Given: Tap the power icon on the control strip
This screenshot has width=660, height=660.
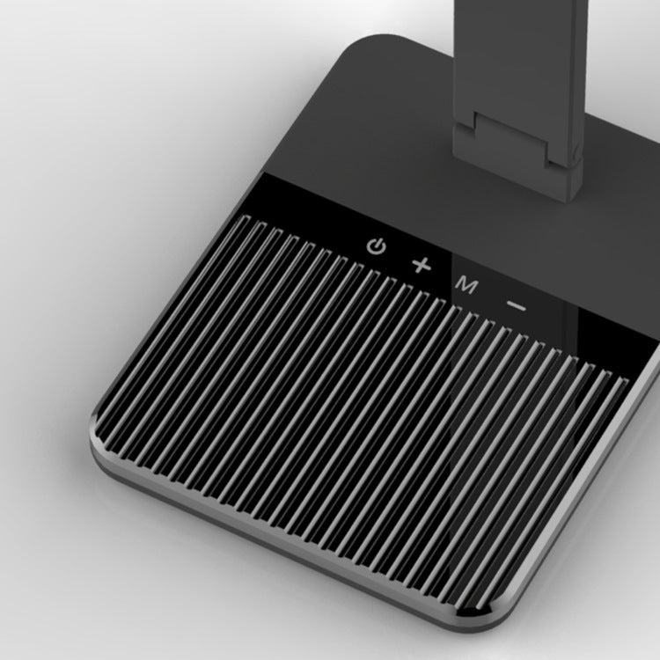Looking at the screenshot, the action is (x=376, y=246).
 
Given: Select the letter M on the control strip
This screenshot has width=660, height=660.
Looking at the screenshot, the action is (x=466, y=285).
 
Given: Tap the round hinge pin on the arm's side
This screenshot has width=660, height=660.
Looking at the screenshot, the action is (x=576, y=152).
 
